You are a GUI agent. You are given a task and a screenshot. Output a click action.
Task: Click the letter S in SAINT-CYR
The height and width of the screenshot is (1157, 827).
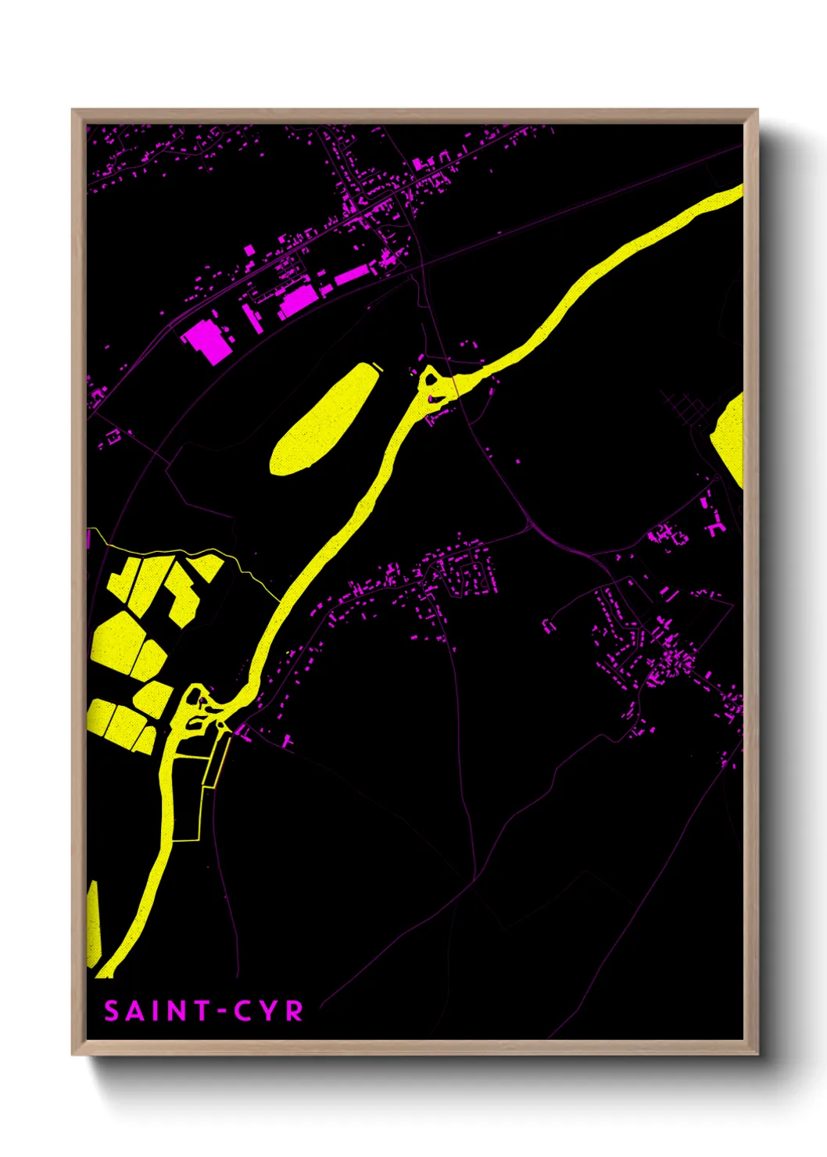[x=113, y=1012]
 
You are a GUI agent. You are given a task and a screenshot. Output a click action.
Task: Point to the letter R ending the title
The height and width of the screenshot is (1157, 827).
[x=294, y=1012]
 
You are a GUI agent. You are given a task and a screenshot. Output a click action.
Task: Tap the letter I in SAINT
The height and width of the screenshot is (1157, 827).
[x=155, y=1012]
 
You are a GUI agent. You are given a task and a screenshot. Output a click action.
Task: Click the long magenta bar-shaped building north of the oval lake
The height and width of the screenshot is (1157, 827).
[x=351, y=275]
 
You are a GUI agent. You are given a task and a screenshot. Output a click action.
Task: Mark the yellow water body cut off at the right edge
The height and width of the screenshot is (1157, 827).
[x=730, y=436]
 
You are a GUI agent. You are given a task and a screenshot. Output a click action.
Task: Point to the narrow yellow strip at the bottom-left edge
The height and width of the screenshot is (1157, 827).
[x=93, y=922]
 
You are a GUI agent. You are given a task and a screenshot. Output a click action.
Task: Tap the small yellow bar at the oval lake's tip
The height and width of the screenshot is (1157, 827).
[x=377, y=365]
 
